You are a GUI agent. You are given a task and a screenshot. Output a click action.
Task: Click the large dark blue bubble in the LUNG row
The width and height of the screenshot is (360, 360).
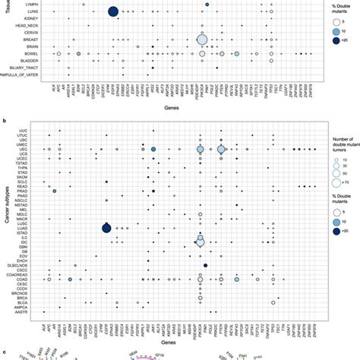coord(113,11)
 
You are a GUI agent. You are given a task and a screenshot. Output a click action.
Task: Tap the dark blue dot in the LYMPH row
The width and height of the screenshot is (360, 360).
coord(207,5)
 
